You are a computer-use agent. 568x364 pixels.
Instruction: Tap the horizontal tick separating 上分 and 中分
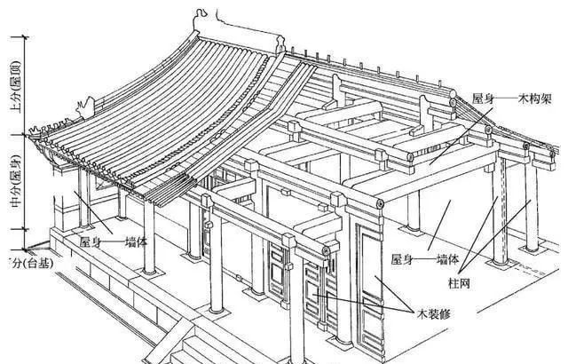point(28,134)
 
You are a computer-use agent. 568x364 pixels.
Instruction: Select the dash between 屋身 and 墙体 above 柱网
point(423,260)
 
